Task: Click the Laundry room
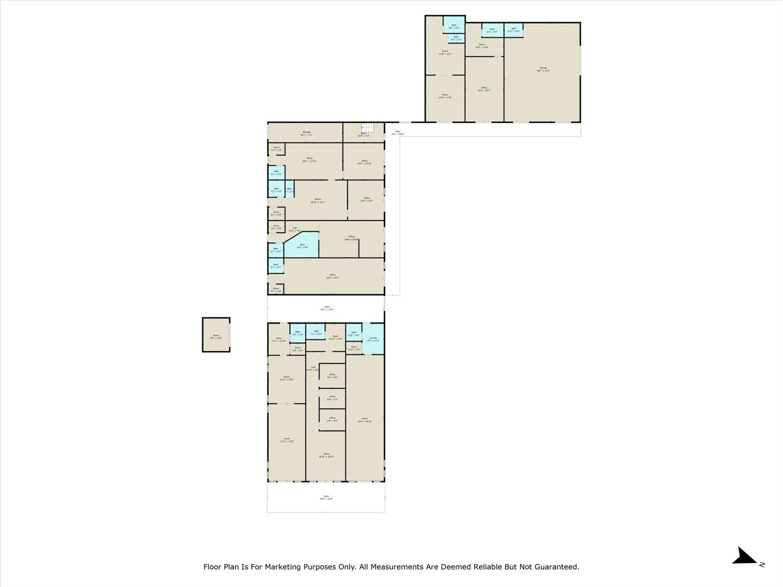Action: click(x=373, y=339)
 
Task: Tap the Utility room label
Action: click(x=278, y=339)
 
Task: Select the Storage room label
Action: click(x=306, y=134)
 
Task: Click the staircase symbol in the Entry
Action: click(x=368, y=127)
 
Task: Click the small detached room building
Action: click(x=216, y=335)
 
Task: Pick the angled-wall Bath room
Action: click(x=302, y=246)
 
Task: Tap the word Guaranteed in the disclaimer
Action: click(x=554, y=567)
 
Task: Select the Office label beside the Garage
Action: click(x=484, y=89)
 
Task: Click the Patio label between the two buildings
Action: click(x=327, y=308)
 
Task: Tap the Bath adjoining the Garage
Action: click(x=513, y=30)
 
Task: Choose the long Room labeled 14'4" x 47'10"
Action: click(x=365, y=419)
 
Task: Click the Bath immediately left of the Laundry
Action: click(x=354, y=334)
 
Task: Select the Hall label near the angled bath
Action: click(x=295, y=229)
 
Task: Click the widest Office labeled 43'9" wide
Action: click(x=333, y=276)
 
